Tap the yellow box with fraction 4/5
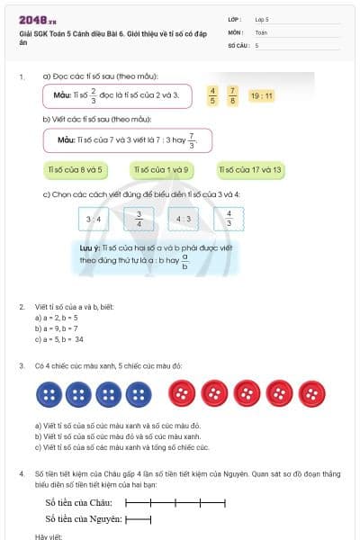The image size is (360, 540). click(213, 94)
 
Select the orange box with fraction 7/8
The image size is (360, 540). click(233, 94)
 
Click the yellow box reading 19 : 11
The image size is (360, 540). click(261, 94)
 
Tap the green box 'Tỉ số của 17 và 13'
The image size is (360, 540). click(251, 169)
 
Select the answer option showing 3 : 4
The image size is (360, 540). click(93, 219)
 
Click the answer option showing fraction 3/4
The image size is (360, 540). click(139, 219)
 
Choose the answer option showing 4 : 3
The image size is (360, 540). click(184, 219)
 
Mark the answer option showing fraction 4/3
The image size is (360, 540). click(229, 219)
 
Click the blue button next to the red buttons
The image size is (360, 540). click(139, 393)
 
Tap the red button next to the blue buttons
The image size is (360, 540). click(184, 393)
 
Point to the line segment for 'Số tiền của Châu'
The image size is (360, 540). click(175, 501)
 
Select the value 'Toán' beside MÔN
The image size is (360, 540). click(261, 31)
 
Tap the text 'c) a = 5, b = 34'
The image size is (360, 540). click(59, 339)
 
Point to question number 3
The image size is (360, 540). click(22, 365)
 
